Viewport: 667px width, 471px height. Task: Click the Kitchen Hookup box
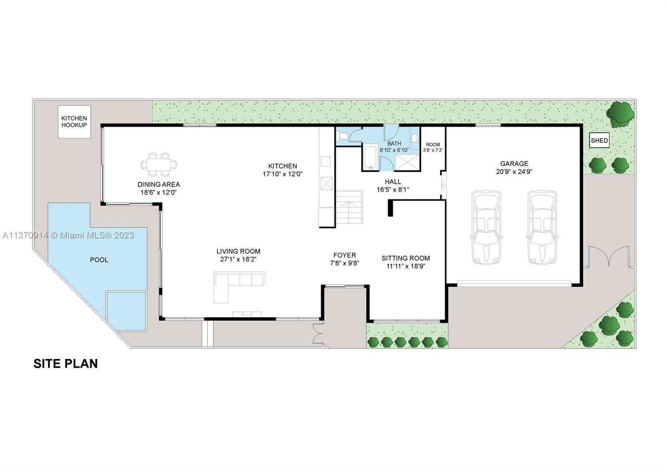tap(74, 121)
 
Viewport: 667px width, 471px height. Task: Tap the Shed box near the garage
tap(599, 140)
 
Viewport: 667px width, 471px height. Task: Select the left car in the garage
tap(486, 228)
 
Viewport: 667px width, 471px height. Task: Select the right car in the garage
tap(542, 228)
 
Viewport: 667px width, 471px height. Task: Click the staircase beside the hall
tap(349, 207)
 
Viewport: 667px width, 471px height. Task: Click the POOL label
tap(99, 260)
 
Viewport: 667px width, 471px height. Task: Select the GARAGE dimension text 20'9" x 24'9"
tap(514, 171)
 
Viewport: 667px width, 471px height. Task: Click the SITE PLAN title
tap(65, 363)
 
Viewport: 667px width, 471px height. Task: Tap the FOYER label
tap(344, 255)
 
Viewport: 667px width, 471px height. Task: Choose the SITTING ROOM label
tap(406, 258)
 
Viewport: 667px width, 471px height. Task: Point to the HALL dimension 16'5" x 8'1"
tap(393, 189)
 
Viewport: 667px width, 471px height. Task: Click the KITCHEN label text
tap(282, 166)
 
